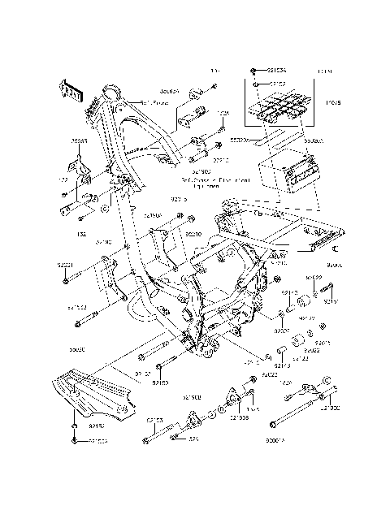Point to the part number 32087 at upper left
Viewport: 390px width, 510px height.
pyautogui.click(x=79, y=140)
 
